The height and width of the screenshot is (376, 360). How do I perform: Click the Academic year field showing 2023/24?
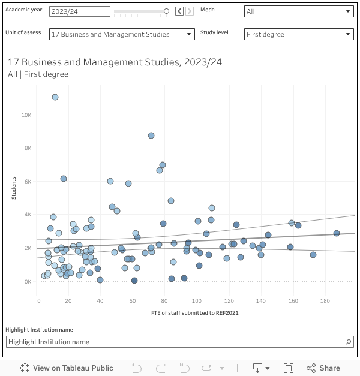click(79, 11)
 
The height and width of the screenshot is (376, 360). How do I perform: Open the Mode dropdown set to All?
click(298, 11)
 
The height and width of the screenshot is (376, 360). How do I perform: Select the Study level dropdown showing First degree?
click(298, 34)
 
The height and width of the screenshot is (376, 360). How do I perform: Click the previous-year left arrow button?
click(179, 11)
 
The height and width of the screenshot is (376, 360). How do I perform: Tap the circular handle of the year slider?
click(166, 11)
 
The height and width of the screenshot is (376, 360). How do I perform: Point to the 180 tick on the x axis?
click(325, 300)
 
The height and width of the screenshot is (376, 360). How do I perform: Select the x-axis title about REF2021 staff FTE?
click(195, 313)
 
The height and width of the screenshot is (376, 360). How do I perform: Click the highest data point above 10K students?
click(55, 97)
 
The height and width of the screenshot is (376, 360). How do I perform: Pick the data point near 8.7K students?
click(151, 136)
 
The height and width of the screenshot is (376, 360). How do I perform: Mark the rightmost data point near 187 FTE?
click(337, 233)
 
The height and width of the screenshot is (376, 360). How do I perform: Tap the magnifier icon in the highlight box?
click(349, 342)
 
